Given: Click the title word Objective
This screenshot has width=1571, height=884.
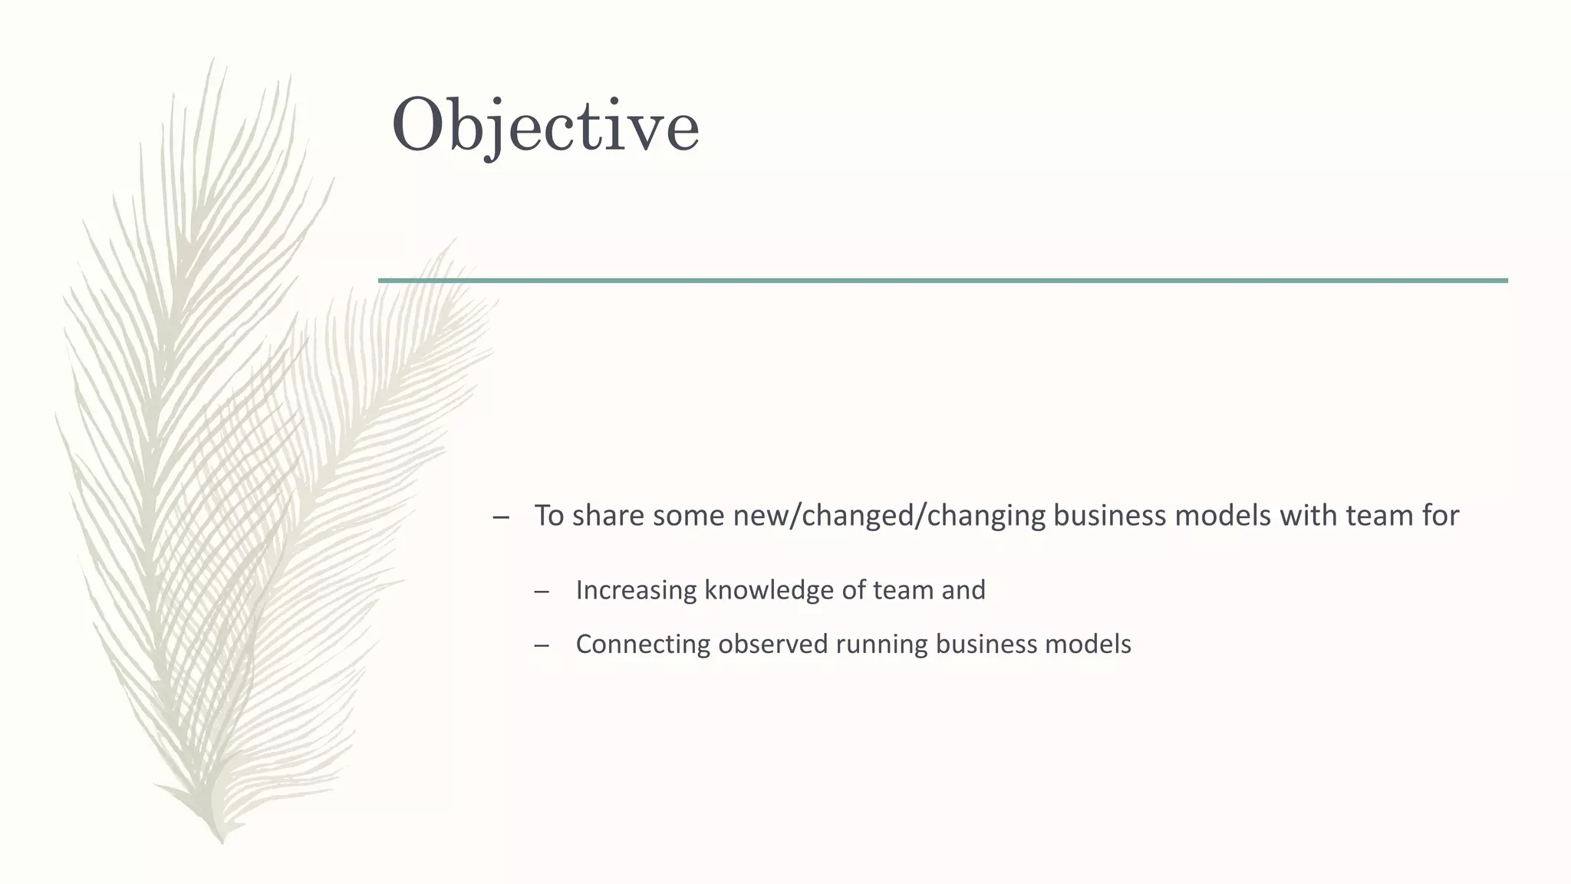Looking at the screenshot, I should click(x=545, y=125).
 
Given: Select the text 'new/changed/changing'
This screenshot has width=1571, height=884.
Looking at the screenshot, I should click(x=889, y=515).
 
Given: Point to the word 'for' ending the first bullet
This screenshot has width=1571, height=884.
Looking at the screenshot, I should click(x=1440, y=515).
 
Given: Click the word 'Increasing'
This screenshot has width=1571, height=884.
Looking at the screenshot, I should click(x=636, y=590).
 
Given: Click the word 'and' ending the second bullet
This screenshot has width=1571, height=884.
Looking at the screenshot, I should click(x=963, y=590).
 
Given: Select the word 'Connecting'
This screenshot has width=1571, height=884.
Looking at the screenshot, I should click(x=643, y=644).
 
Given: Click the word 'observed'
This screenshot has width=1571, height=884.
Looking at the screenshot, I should click(x=773, y=644).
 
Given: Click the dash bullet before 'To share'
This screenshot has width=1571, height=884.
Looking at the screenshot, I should click(x=501, y=516).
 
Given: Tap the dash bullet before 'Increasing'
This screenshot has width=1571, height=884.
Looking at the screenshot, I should click(x=542, y=592).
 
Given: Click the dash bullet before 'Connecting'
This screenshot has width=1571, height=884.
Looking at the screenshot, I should click(x=542, y=645).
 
